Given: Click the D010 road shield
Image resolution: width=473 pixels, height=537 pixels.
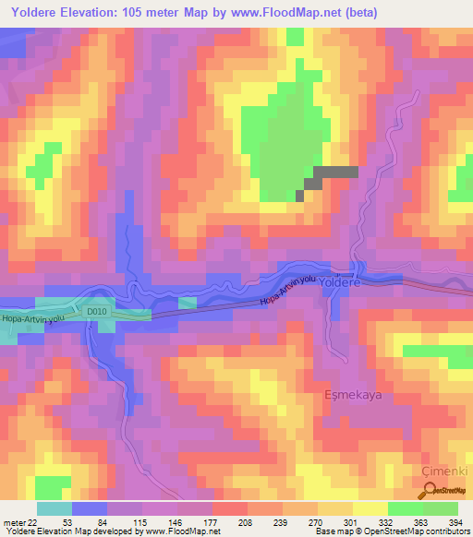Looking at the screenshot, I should click(x=98, y=313).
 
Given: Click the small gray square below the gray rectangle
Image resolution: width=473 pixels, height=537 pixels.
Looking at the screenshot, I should click(x=299, y=195).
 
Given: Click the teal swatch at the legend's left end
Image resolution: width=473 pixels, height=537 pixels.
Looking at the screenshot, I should click(x=55, y=508).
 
